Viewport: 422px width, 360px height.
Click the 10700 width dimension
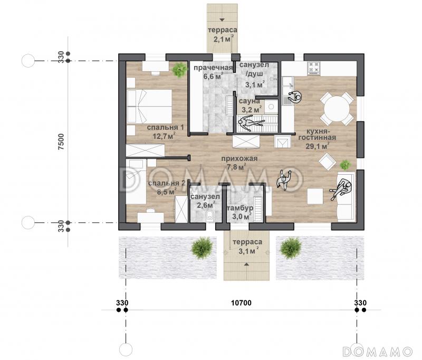tap(241, 303)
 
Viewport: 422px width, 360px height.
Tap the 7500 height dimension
tap(61, 141)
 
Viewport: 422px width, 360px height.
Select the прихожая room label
tap(239, 158)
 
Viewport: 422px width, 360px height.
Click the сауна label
tap(249, 101)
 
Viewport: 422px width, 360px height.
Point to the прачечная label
tap(213, 68)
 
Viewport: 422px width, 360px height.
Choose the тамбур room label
tap(240, 208)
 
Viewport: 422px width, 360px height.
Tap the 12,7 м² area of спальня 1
tap(165, 136)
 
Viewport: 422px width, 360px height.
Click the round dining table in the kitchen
tap(337, 109)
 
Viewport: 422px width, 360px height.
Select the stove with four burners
tap(314, 68)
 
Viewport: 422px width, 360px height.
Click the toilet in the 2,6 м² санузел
tap(209, 216)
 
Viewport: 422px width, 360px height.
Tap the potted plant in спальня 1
tap(179, 70)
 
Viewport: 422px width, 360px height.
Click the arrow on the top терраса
tap(222, 20)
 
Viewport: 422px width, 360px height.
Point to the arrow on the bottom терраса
tap(246, 264)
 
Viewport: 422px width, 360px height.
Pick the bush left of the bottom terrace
tap(202, 248)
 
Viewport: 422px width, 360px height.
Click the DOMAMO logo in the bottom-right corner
tap(377, 352)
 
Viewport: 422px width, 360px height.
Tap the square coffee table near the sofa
tap(315, 196)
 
